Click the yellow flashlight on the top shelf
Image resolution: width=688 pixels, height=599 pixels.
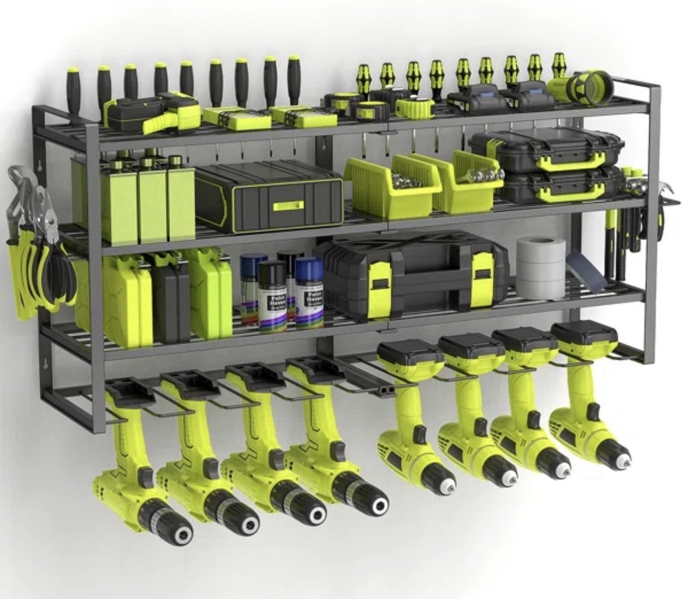581,88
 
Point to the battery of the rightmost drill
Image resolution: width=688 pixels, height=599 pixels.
584,334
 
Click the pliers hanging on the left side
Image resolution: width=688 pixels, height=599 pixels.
34,241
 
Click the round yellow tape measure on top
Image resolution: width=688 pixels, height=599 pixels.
415,107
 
